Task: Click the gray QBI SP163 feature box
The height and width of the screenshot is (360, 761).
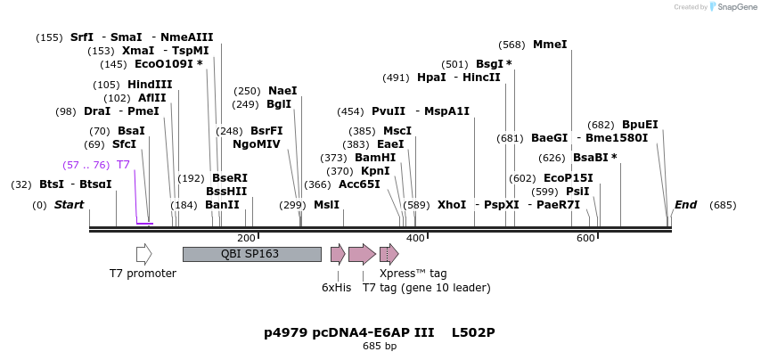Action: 251,254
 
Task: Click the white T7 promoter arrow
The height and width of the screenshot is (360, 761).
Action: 143,254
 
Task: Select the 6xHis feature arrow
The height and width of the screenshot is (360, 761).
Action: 337,254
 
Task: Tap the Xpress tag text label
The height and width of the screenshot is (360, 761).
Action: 413,274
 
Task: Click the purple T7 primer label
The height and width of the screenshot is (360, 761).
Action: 123,165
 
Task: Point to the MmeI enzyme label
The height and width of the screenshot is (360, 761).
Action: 550,44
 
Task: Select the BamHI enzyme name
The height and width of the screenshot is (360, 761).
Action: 375,157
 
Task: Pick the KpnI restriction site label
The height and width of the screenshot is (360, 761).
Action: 375,170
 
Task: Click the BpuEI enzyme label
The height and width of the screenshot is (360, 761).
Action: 640,125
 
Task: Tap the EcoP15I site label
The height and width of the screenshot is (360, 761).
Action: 568,178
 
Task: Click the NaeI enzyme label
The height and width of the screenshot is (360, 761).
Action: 282,91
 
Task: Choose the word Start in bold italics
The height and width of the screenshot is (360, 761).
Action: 69,205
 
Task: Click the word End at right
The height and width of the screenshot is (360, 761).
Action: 685,205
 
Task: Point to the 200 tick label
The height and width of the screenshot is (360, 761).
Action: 246,238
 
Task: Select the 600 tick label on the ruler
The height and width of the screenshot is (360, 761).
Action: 585,238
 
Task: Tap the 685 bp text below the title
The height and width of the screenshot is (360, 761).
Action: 380,346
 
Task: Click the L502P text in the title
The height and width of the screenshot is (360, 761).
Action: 472,332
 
